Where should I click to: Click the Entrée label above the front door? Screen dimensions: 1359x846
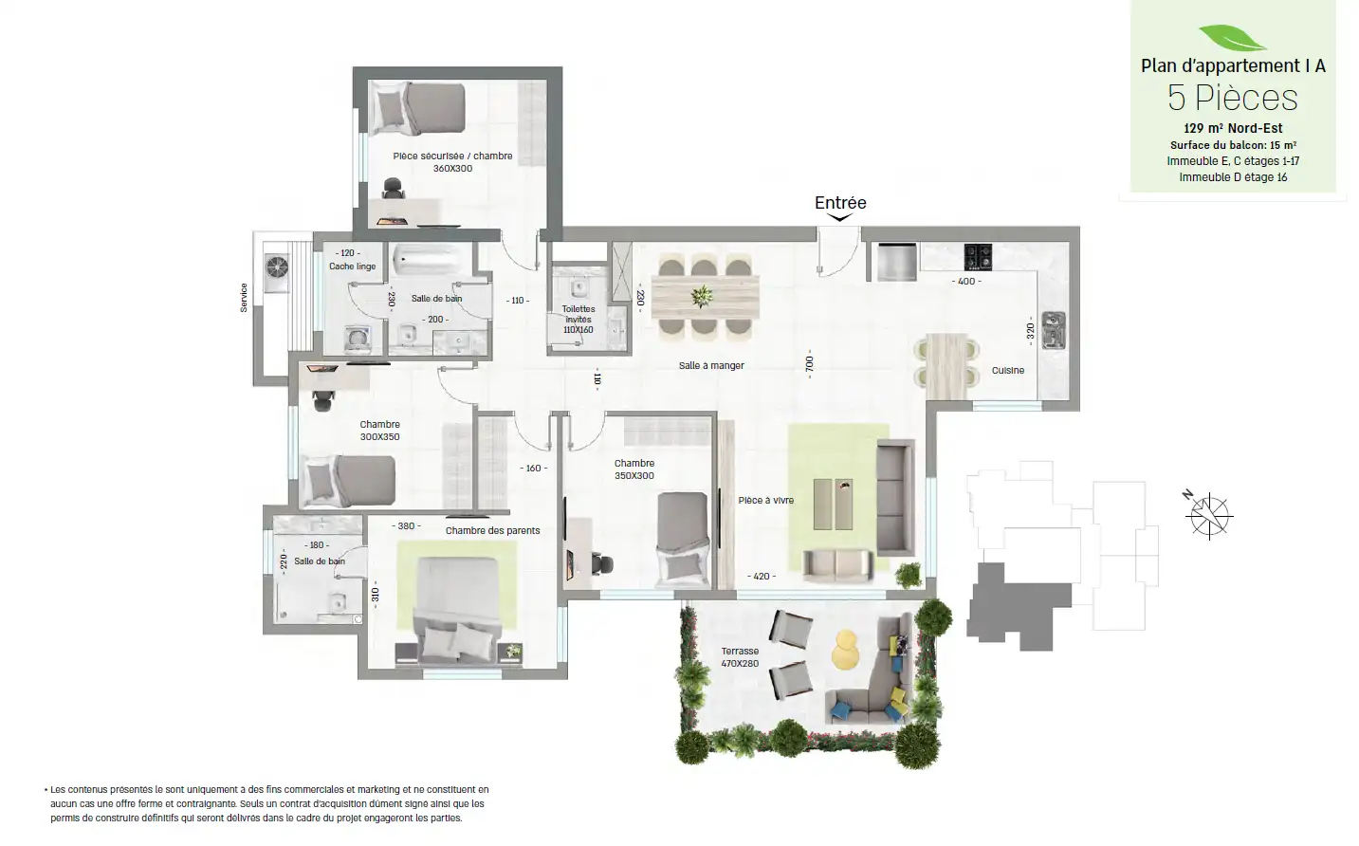pyautogui.click(x=840, y=203)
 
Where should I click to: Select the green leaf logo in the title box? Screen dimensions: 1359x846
pyautogui.click(x=1232, y=38)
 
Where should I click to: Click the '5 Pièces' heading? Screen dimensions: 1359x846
pyautogui.click(x=1233, y=98)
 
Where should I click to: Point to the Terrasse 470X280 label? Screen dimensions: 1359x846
pyautogui.click(x=740, y=657)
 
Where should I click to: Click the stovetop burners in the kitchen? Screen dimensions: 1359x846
pyautogui.click(x=978, y=257)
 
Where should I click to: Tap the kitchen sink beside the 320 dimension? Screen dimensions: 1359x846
pyautogui.click(x=1054, y=330)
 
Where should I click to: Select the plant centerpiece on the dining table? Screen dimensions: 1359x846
pyautogui.click(x=702, y=297)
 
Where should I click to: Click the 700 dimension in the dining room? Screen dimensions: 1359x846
pyautogui.click(x=809, y=364)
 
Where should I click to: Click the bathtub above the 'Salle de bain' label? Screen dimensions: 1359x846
pyautogui.click(x=432, y=260)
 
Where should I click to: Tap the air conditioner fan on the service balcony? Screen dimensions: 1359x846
pyautogui.click(x=277, y=267)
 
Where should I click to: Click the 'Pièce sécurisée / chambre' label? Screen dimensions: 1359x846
pyautogui.click(x=452, y=156)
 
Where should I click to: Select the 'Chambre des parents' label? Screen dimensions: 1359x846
pyautogui.click(x=492, y=530)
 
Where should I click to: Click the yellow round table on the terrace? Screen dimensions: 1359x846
pyautogui.click(x=845, y=650)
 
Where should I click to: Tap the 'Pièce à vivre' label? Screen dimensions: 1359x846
pyautogui.click(x=765, y=500)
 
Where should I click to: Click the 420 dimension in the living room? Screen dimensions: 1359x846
pyautogui.click(x=762, y=576)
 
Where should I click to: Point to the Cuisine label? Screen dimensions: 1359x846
pyautogui.click(x=1008, y=370)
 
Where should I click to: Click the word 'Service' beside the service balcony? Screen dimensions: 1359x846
pyautogui.click(x=244, y=298)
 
